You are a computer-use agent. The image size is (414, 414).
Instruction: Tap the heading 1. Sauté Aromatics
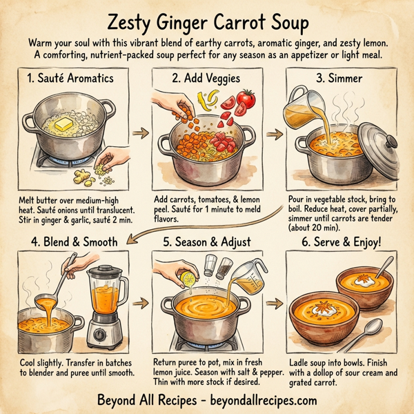click(x=70, y=78)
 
